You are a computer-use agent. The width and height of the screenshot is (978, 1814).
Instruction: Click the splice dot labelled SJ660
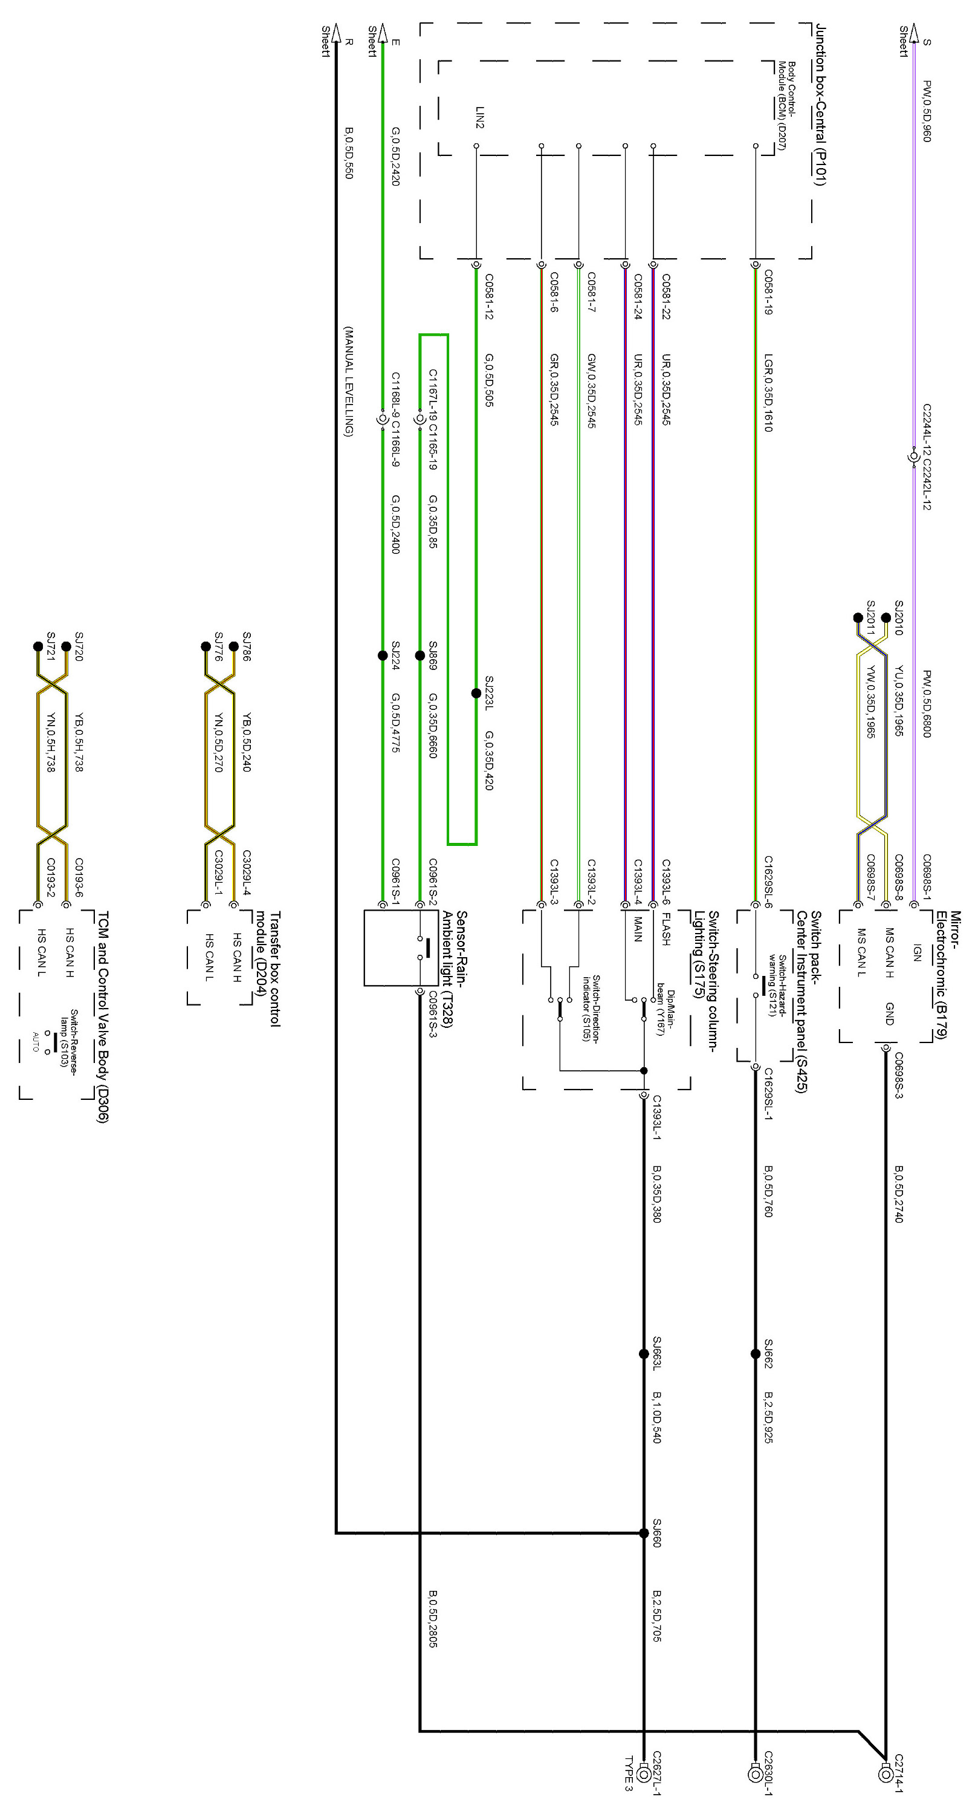click(644, 1533)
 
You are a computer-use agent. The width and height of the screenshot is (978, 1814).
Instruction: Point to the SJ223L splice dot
click(476, 694)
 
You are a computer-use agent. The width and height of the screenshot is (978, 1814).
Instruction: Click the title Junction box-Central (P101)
click(820, 105)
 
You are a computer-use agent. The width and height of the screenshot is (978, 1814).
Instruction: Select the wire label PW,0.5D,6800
click(927, 704)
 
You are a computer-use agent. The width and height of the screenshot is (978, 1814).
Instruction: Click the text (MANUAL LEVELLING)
click(348, 381)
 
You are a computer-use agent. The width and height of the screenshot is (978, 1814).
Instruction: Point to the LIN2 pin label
click(479, 117)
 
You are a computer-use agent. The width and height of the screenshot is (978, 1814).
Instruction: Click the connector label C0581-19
click(768, 292)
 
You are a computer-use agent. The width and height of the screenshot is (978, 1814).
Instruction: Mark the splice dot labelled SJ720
click(66, 646)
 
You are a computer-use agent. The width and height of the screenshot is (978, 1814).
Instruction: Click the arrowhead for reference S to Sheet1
click(914, 31)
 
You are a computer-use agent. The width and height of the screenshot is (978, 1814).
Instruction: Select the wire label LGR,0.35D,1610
click(768, 393)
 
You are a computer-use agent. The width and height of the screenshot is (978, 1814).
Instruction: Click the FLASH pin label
click(665, 929)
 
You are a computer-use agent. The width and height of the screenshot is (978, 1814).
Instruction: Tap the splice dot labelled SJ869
click(419, 655)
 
